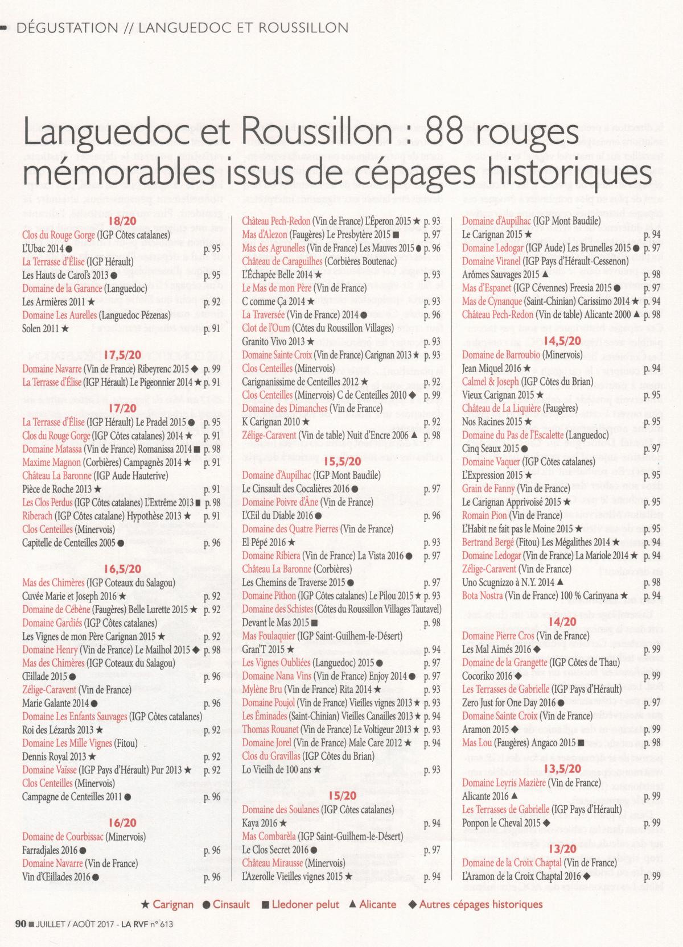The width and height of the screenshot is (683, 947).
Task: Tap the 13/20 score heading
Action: pyautogui.click(x=563, y=849)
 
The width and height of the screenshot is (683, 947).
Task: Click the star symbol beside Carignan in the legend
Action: pyautogui.click(x=145, y=904)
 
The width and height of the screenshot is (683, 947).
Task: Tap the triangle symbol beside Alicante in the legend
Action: pyautogui.click(x=353, y=904)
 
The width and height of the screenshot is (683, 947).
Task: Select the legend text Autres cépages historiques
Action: pyautogui.click(x=481, y=904)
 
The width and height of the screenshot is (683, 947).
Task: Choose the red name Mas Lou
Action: pyautogui.click(x=477, y=743)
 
